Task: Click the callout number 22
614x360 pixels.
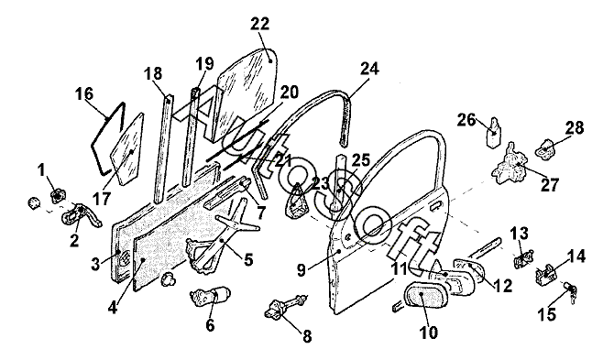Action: click(x=260, y=24)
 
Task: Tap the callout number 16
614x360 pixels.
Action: click(x=84, y=94)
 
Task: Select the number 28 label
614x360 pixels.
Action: click(x=575, y=127)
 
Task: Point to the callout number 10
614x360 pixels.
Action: click(x=429, y=333)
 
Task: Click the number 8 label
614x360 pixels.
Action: click(x=307, y=336)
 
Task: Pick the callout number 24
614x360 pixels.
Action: click(x=369, y=69)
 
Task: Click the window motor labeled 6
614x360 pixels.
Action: click(x=209, y=299)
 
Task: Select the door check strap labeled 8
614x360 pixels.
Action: click(x=285, y=306)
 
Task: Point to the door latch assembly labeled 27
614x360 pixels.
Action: click(x=510, y=163)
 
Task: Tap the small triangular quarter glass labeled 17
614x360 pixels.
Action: click(x=127, y=149)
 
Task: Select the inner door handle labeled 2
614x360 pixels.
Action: click(x=81, y=216)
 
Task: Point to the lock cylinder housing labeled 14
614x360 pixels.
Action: click(x=546, y=273)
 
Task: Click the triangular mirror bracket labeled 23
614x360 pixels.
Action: click(x=297, y=201)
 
